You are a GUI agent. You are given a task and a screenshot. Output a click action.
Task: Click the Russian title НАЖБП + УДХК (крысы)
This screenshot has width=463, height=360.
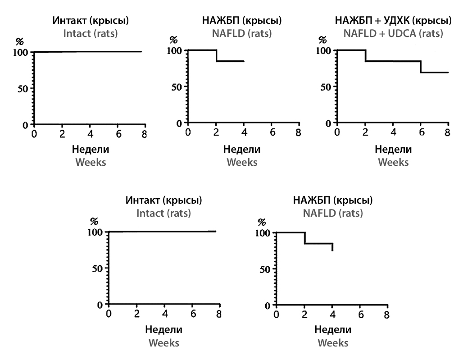point(393,21)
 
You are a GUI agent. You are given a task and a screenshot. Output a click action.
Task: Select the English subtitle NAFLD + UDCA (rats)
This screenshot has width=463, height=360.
point(393,33)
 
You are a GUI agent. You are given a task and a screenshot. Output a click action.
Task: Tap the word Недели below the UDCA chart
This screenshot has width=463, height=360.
point(393,149)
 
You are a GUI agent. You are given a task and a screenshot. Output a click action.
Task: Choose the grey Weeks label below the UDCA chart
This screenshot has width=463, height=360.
point(393,162)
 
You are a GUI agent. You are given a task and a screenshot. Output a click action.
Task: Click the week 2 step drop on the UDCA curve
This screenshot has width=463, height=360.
point(365,55)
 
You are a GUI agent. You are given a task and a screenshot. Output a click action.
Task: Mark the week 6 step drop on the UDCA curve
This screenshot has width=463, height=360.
point(421,67)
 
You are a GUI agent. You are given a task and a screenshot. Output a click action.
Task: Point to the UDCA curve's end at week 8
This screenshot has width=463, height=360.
point(448,72)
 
